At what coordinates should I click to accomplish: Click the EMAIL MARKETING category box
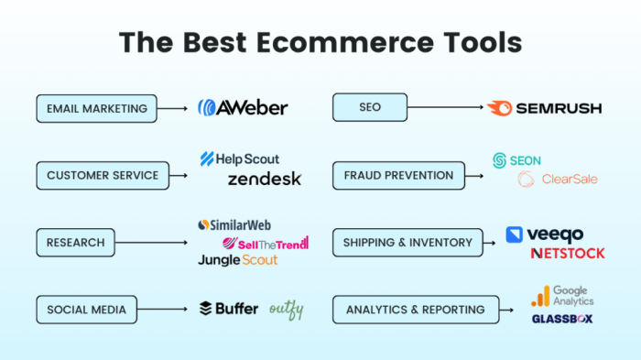point(97,108)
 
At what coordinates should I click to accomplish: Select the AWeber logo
point(243,108)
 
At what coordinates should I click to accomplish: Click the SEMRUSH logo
point(545,108)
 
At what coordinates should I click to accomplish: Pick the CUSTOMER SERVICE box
point(103,175)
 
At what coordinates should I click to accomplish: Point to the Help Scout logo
point(240,159)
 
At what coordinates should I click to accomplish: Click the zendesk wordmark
point(264,179)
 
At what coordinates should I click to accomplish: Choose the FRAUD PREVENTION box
point(398,175)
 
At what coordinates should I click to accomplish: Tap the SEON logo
point(517,160)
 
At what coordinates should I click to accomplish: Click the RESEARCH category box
point(76,243)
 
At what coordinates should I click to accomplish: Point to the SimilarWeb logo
point(234,224)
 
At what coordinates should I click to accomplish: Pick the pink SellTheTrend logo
point(266,243)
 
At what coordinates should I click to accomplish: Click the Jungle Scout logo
point(237,260)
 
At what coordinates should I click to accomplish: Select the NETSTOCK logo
point(568,253)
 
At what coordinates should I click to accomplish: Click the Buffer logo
point(229,309)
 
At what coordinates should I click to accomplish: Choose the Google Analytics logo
point(563,295)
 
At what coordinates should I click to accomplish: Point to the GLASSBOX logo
point(562,319)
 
